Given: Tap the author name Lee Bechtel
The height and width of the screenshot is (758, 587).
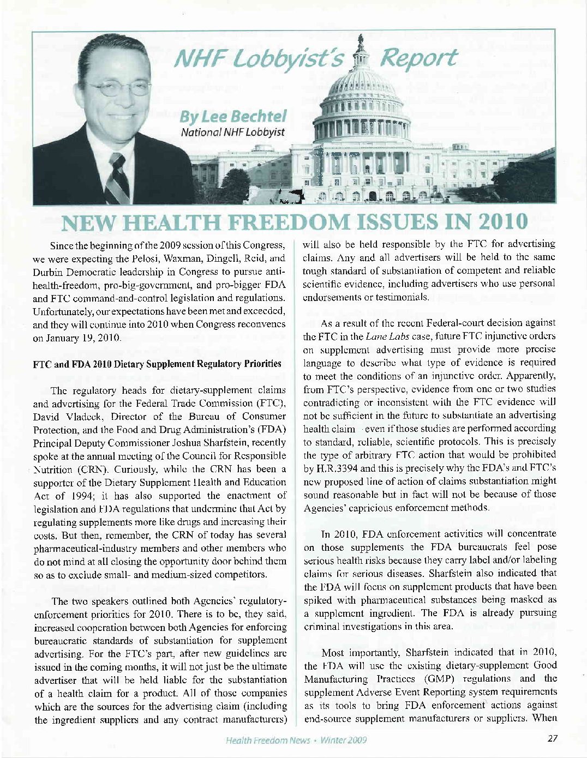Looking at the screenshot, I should (234, 116).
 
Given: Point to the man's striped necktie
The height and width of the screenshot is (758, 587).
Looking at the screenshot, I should (117, 177).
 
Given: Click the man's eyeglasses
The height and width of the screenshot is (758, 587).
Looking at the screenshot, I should (116, 87).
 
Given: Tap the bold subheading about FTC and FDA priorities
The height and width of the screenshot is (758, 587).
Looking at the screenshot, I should (158, 364).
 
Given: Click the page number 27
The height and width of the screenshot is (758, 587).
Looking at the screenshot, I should (552, 739).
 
